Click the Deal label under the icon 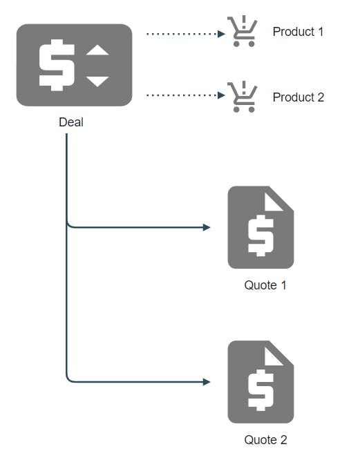point(71,122)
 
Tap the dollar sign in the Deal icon point(57,65)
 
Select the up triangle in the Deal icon point(97,50)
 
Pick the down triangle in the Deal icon point(97,82)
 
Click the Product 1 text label point(298,32)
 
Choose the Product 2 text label point(299,97)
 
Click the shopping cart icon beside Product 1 point(243,31)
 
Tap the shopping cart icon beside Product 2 point(243,97)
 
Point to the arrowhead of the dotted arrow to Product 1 point(221,34)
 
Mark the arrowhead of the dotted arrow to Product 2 point(221,95)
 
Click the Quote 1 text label point(265,285)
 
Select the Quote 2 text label point(266,440)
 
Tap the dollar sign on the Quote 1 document point(260,236)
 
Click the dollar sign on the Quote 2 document point(260,390)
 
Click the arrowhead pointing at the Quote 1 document point(207,227)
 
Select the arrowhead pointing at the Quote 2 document point(207,382)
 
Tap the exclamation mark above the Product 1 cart point(244,22)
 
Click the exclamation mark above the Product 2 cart point(244,88)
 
